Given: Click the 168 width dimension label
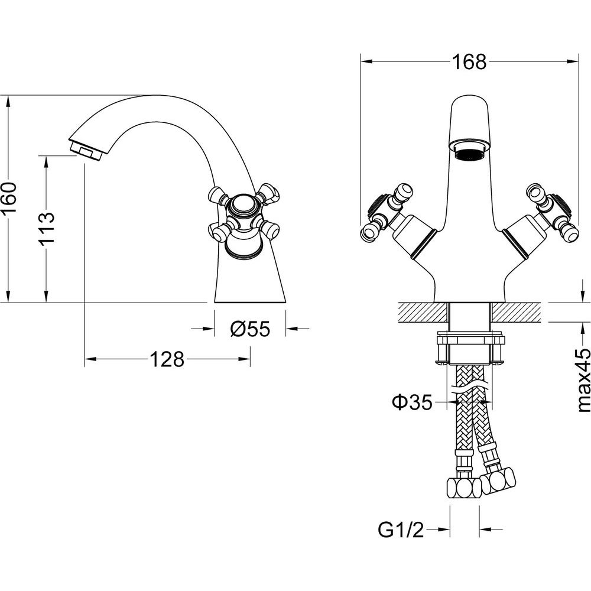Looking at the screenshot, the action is [469, 62].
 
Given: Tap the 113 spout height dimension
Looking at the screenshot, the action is [47, 228].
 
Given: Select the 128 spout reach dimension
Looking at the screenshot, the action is [167, 359].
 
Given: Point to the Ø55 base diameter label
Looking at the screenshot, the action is [250, 329].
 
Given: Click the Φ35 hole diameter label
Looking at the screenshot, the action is [412, 402].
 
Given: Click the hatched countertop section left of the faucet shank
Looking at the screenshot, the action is [422, 313].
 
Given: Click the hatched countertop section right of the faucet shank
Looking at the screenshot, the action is [517, 313].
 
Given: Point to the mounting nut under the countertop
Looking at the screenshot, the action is [470, 348].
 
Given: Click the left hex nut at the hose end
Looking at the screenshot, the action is [463, 489].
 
